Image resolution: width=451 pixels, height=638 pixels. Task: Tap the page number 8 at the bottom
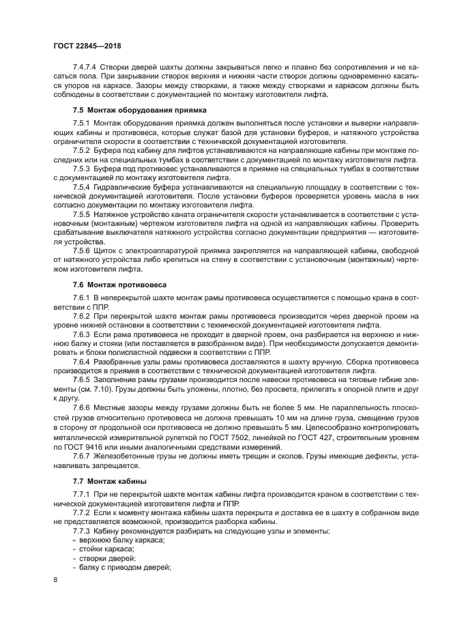pos(56,579)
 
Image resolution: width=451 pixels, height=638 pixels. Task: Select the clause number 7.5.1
pos(82,122)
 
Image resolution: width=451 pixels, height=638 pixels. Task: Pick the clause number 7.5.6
pos(82,251)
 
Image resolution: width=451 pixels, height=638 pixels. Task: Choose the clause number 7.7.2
pos(82,512)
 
